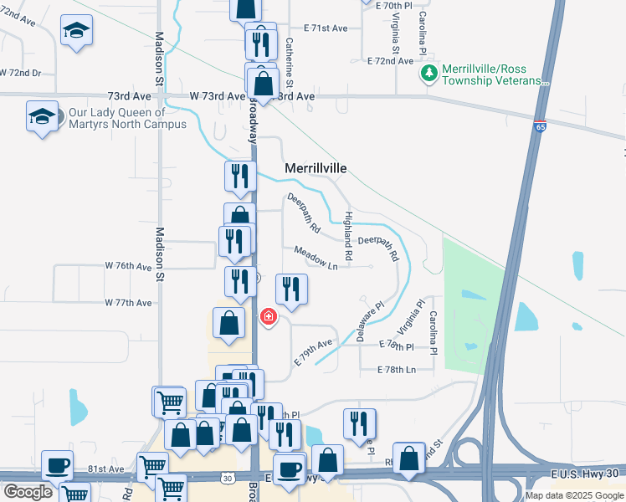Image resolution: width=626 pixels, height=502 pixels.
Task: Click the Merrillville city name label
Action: coord(316,168)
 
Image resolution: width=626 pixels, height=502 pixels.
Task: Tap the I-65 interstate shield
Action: coord(540,125)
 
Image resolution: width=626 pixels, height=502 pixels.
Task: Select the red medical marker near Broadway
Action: coord(268,317)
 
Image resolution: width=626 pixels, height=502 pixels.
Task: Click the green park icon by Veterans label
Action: coord(429,74)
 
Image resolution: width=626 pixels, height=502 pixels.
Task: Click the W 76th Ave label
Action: coord(128,265)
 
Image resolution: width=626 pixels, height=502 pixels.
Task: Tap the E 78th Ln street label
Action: coord(397,369)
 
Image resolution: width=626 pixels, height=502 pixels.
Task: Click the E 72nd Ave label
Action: coord(391,61)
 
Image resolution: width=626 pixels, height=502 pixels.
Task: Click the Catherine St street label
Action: coord(290,63)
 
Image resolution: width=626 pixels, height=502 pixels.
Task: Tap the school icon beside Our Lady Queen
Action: coord(42,116)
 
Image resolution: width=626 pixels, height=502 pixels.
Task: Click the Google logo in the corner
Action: coord(28,492)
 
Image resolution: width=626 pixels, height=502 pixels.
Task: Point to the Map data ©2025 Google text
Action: coord(574,495)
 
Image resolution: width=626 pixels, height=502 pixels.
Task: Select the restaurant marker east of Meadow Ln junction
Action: coord(291,289)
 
